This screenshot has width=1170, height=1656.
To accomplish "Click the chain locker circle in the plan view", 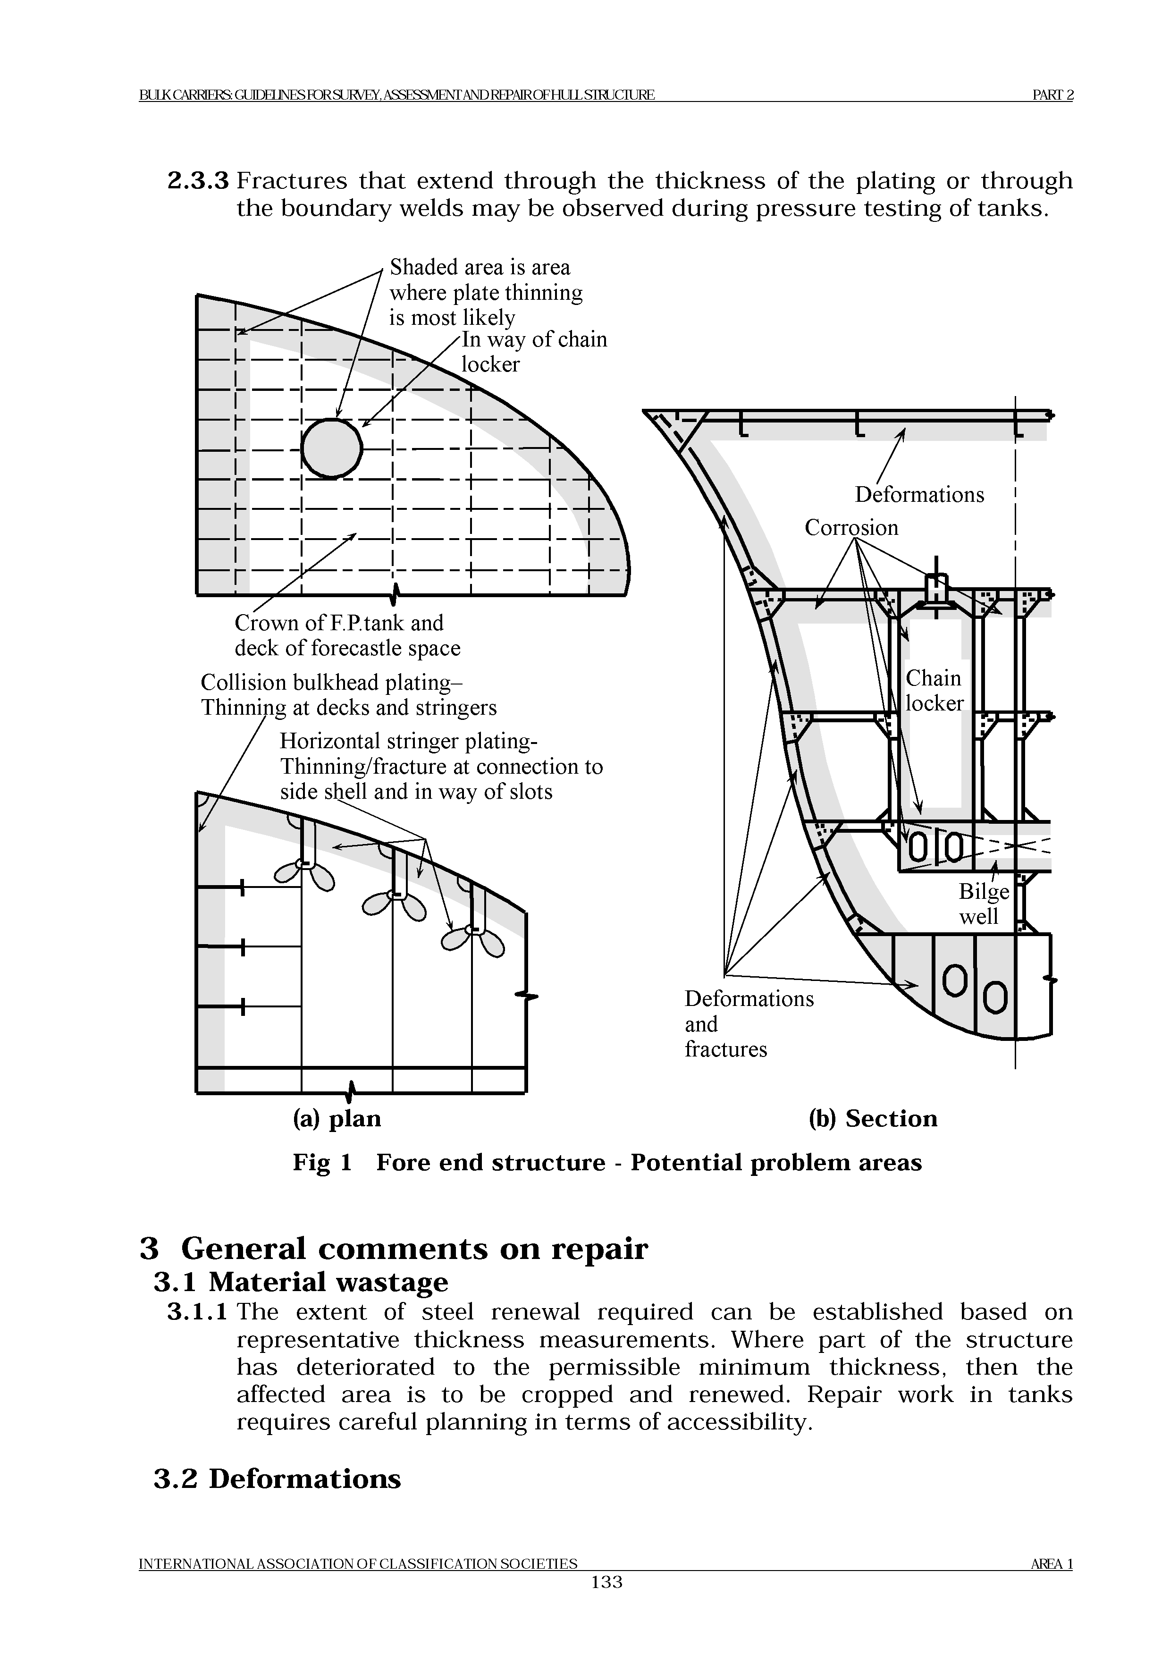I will [332, 448].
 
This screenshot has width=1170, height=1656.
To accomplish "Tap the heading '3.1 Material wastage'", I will [301, 1282].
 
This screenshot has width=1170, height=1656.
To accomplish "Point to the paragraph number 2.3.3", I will [198, 180].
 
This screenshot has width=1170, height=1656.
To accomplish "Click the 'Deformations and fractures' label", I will [748, 1023].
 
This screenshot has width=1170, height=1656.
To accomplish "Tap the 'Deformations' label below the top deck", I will [919, 495].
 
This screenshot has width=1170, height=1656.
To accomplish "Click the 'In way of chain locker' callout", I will [533, 352].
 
